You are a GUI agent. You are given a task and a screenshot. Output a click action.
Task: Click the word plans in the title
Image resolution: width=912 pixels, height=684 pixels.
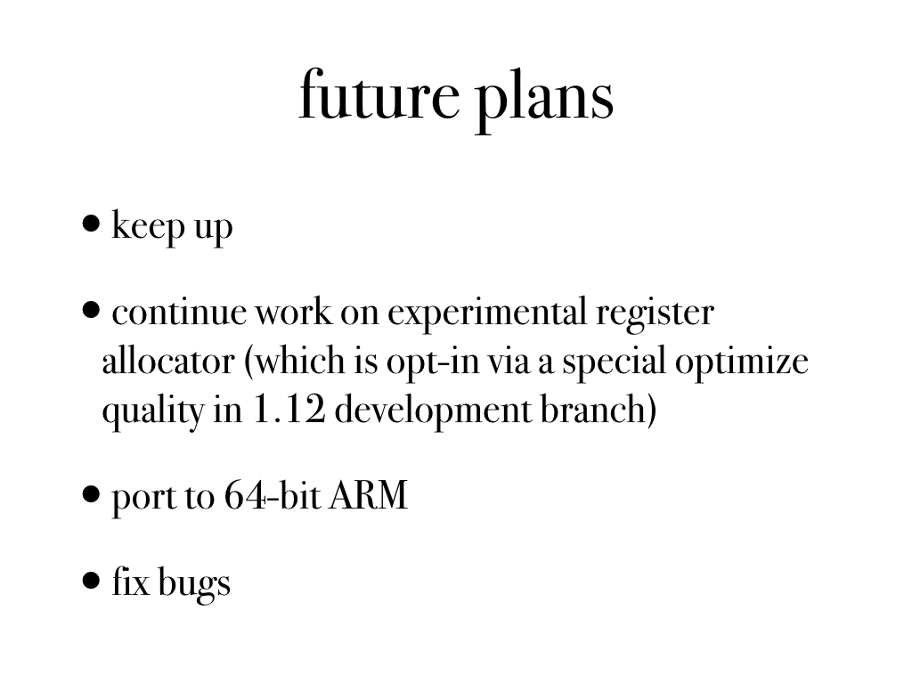[x=545, y=100]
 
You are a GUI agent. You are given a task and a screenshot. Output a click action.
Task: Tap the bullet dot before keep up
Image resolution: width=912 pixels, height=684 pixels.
[x=92, y=224]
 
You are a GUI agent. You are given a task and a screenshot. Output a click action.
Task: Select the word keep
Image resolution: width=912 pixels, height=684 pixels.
[x=148, y=226]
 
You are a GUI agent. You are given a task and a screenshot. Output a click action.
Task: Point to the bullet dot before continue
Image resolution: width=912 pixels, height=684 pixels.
[x=92, y=310]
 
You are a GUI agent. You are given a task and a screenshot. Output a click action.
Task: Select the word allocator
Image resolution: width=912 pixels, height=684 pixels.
[x=168, y=361]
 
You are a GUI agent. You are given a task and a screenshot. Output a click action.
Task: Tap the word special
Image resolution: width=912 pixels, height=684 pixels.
[x=614, y=362]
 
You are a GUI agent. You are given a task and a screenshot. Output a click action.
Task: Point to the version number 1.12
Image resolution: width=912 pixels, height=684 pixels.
[x=289, y=410]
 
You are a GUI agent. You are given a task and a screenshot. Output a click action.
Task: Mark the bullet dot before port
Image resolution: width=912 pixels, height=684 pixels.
[x=92, y=494]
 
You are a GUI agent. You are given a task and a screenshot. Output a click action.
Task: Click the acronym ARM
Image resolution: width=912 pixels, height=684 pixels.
[x=368, y=496]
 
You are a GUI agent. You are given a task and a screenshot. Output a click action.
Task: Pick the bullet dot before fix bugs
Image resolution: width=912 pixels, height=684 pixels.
[x=92, y=581]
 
